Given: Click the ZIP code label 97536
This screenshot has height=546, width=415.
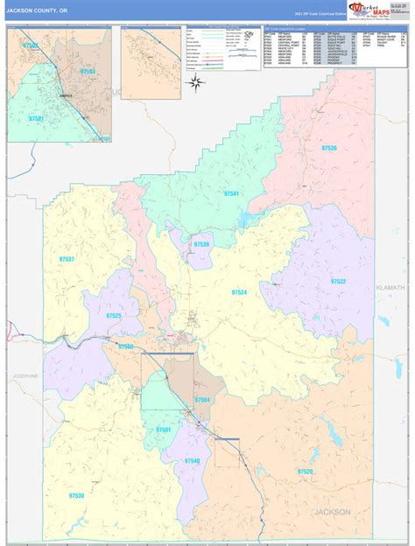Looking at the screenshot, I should coord(328,149).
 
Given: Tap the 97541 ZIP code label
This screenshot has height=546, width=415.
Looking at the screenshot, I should coord(231,193).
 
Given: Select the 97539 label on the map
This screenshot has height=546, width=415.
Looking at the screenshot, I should coord(201,244).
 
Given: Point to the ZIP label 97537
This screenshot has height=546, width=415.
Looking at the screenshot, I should coord(66,260).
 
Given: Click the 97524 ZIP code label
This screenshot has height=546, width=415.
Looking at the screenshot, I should coord(240,291).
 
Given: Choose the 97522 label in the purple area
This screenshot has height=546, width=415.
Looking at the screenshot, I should coord(337,281).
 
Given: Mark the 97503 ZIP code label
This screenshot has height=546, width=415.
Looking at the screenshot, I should coord(126,346).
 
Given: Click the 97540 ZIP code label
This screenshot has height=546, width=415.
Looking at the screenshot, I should coord(192,461).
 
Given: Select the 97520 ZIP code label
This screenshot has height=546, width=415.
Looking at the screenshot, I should coord(305,472).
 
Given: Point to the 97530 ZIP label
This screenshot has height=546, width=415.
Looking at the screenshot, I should coord(75,495).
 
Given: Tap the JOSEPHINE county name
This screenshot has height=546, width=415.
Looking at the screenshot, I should coord(25,376).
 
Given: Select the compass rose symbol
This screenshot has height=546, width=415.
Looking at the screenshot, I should coord(196,83).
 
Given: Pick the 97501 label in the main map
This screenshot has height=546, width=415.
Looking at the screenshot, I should coord(163,430).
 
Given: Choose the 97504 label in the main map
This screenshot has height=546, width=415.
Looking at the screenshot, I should coord(202,400).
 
